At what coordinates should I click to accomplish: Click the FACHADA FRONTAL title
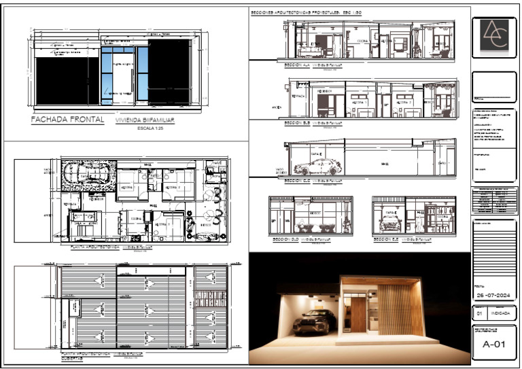pos(67,120)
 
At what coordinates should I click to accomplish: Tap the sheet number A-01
pos(494,344)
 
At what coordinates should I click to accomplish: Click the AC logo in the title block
pos(494,35)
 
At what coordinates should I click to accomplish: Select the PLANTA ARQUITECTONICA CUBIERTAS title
pos(84,356)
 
